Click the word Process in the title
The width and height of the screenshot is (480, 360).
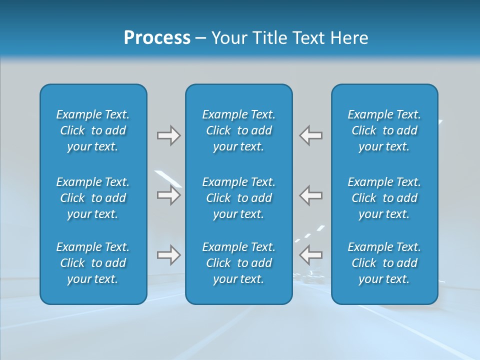click(x=157, y=38)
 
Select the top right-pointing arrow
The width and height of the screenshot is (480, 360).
click(x=169, y=135)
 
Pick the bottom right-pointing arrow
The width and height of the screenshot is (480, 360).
click(x=169, y=255)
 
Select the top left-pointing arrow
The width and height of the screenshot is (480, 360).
click(x=311, y=135)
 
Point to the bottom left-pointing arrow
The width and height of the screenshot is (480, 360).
click(x=311, y=255)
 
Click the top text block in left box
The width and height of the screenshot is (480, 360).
click(x=93, y=130)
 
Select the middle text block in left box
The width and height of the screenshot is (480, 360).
click(x=93, y=198)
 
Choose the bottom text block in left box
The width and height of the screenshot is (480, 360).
click(x=93, y=263)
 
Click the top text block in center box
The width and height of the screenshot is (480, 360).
click(x=239, y=130)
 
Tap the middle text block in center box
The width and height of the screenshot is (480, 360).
click(x=239, y=198)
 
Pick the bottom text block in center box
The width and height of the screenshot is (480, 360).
click(x=239, y=263)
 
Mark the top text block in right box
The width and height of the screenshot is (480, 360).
click(x=384, y=130)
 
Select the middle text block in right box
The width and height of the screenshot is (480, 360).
click(x=384, y=198)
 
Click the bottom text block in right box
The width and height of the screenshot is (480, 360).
click(x=384, y=263)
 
